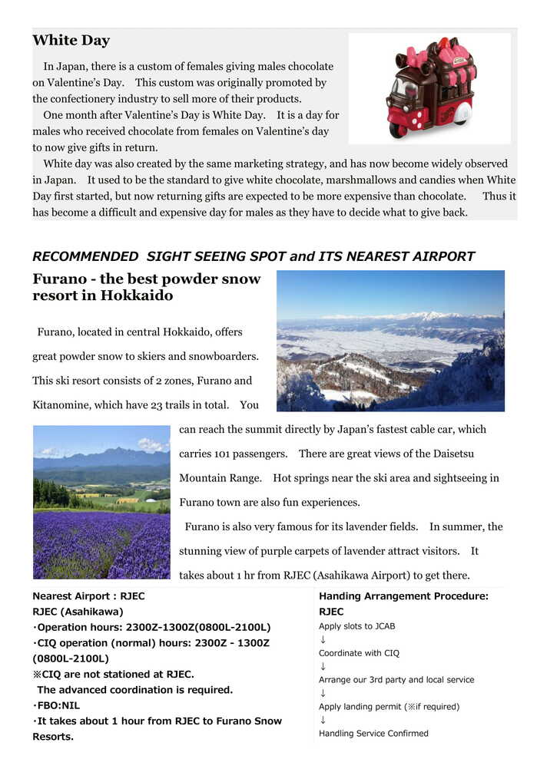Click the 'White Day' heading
[71, 41]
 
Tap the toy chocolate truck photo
[429, 87]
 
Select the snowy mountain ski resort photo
[390, 341]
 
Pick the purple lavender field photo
[101, 502]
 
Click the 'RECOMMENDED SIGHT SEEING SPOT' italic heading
[254, 256]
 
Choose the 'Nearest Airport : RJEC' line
[88, 596]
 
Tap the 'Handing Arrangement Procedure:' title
[403, 596]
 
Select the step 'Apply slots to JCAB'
[357, 626]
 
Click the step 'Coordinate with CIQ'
[359, 653]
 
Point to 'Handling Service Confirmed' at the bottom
[373, 734]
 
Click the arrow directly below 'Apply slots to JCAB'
[323, 640]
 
